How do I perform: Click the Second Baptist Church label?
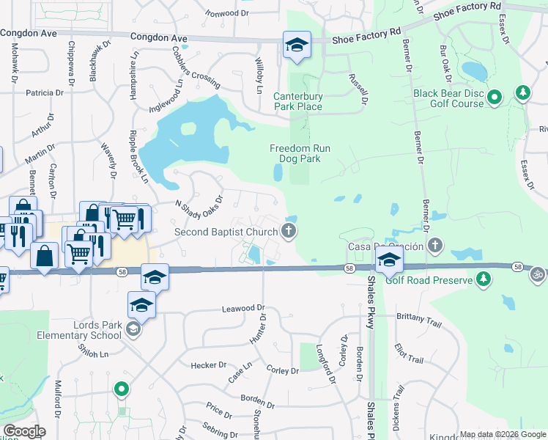pyautogui.click(x=225, y=232)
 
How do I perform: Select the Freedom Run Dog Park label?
pyautogui.click(x=300, y=153)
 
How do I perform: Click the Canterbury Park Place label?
pyautogui.click(x=297, y=101)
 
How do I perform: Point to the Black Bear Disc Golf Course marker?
pyautogui.click(x=495, y=97)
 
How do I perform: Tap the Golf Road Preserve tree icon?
pyautogui.click(x=483, y=279)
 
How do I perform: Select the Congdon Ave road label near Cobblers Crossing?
pyautogui.click(x=158, y=37)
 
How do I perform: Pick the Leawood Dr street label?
pyautogui.click(x=242, y=310)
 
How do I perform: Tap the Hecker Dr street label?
pyautogui.click(x=208, y=365)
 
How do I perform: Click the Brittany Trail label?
pyautogui.click(x=420, y=315)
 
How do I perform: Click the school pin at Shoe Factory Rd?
pyautogui.click(x=297, y=45)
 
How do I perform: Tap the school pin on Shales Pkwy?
pyautogui.click(x=388, y=259)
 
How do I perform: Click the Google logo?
pyautogui.click(x=24, y=431)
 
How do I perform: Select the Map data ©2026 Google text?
pyautogui.click(x=501, y=434)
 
